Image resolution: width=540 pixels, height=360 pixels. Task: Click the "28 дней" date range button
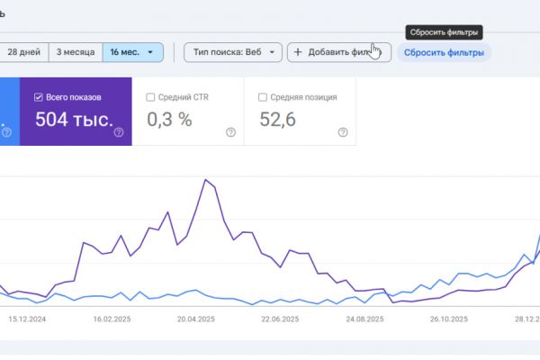[x=23, y=52]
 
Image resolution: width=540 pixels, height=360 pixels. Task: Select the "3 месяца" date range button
[x=76, y=52]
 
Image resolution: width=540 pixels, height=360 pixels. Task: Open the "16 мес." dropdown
[x=132, y=52]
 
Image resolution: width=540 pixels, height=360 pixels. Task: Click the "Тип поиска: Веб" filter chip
[x=233, y=52]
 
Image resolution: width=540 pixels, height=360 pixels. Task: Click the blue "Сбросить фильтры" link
[x=444, y=52]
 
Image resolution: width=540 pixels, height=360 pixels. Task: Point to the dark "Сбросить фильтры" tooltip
[x=444, y=31]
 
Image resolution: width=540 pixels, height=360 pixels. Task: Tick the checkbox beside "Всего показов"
[x=38, y=97]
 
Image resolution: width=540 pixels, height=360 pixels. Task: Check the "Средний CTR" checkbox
[x=149, y=97]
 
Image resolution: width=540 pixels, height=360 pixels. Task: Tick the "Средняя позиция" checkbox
[x=262, y=97]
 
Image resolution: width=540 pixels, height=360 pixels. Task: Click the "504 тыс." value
[x=74, y=120]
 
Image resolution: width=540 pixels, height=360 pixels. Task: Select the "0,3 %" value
[x=169, y=120]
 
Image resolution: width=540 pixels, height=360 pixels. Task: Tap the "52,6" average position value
[x=277, y=120]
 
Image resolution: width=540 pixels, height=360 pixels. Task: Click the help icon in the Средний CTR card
[x=230, y=132]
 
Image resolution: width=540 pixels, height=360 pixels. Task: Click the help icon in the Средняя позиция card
[x=343, y=132]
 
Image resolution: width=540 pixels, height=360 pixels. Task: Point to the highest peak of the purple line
[x=207, y=180]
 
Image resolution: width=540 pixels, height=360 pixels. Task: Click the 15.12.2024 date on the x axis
[x=27, y=319]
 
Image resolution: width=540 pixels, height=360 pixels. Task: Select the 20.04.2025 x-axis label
[x=195, y=319]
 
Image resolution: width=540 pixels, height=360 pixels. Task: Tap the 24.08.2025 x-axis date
[x=364, y=319]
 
